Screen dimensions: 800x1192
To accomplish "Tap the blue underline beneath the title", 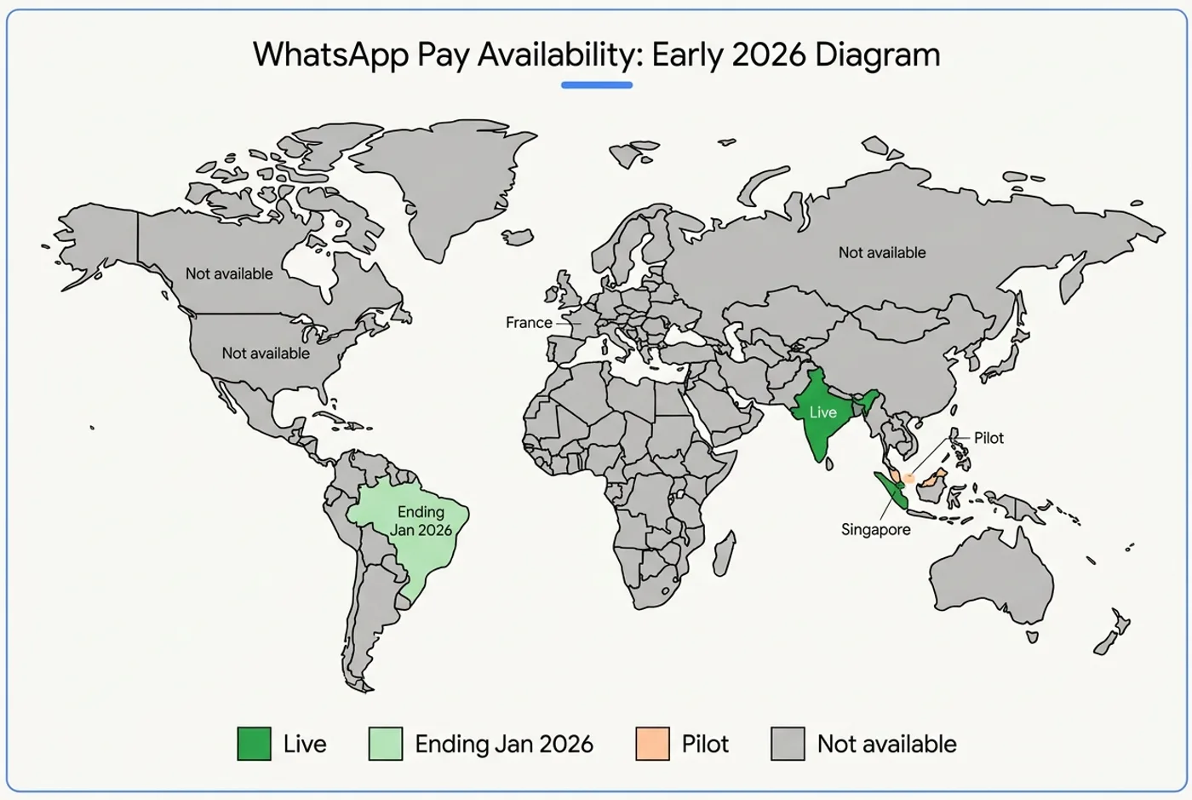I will coord(596,85).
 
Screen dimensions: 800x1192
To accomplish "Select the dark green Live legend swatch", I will coord(254,744).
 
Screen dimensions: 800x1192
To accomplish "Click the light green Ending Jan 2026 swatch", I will coord(385,744).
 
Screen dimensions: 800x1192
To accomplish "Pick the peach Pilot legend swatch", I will coord(652,744).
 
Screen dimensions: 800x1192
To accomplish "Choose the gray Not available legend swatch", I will coord(788,744).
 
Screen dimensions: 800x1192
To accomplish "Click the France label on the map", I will coord(529,323).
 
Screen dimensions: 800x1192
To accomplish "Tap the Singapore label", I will coord(875,529).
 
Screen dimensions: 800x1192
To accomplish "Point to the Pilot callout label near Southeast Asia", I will coord(989,438).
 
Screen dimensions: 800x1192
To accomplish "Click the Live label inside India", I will coord(822,412).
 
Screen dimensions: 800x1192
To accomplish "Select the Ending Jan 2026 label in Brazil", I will coord(421,521).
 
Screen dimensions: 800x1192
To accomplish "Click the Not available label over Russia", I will coord(881,253).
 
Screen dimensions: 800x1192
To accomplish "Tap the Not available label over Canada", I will coord(229,273).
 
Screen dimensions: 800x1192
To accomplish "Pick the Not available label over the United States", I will coord(266,353).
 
